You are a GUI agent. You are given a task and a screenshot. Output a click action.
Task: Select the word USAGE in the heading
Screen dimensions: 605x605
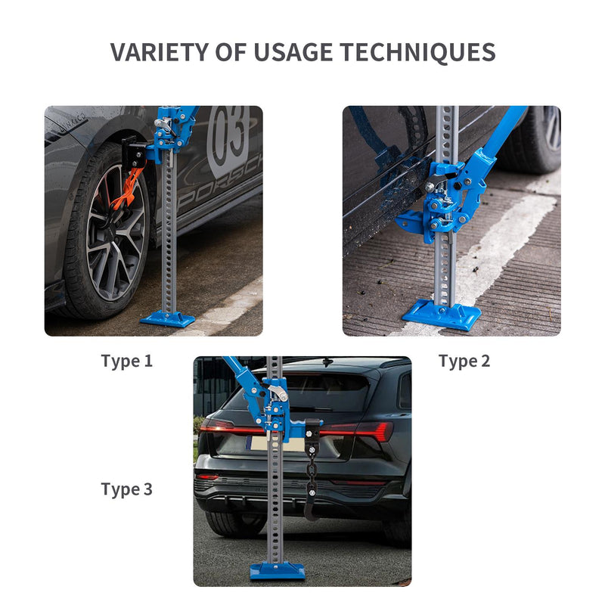293,52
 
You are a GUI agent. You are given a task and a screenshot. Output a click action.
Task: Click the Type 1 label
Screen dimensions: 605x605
127,361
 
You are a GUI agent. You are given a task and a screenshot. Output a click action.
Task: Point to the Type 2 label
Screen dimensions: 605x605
464,361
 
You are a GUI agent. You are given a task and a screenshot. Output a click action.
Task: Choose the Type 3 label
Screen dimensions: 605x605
127,489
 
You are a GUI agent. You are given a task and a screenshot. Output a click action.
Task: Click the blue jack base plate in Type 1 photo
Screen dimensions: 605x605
167,318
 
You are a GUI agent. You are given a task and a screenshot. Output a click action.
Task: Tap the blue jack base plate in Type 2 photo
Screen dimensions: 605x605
442,315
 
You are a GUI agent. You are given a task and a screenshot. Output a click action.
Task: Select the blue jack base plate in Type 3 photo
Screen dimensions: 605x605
277,571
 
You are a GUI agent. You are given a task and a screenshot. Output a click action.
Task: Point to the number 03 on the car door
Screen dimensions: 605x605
228,136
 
